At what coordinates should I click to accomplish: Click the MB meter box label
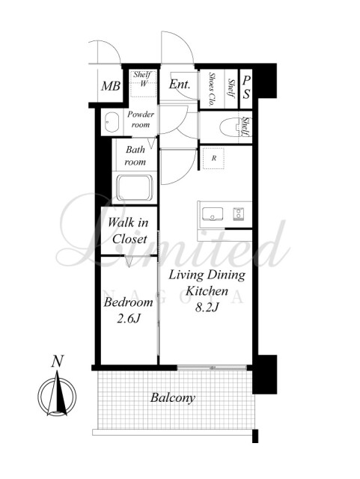click(111, 86)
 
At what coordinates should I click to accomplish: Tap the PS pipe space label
click(246, 88)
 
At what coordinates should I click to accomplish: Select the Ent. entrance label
click(180, 84)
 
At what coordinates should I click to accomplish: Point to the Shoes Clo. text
click(211, 89)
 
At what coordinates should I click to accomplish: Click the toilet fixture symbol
click(231, 127)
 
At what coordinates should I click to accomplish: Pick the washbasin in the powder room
click(112, 122)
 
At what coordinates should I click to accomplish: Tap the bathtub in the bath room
click(135, 188)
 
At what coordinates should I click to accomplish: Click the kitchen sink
click(213, 213)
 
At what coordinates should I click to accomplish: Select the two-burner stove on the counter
click(238, 213)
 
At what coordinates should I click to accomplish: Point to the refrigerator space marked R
click(213, 159)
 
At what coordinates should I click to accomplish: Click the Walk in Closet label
click(129, 231)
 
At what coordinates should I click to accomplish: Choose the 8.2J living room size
click(207, 308)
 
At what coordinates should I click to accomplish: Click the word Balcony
click(173, 397)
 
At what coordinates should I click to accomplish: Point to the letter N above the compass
click(57, 361)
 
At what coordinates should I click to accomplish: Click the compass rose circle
click(57, 397)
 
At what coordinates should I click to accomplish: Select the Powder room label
click(141, 120)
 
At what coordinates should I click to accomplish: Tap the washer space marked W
click(144, 83)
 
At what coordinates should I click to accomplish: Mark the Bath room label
click(135, 156)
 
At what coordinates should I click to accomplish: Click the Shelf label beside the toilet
click(246, 126)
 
